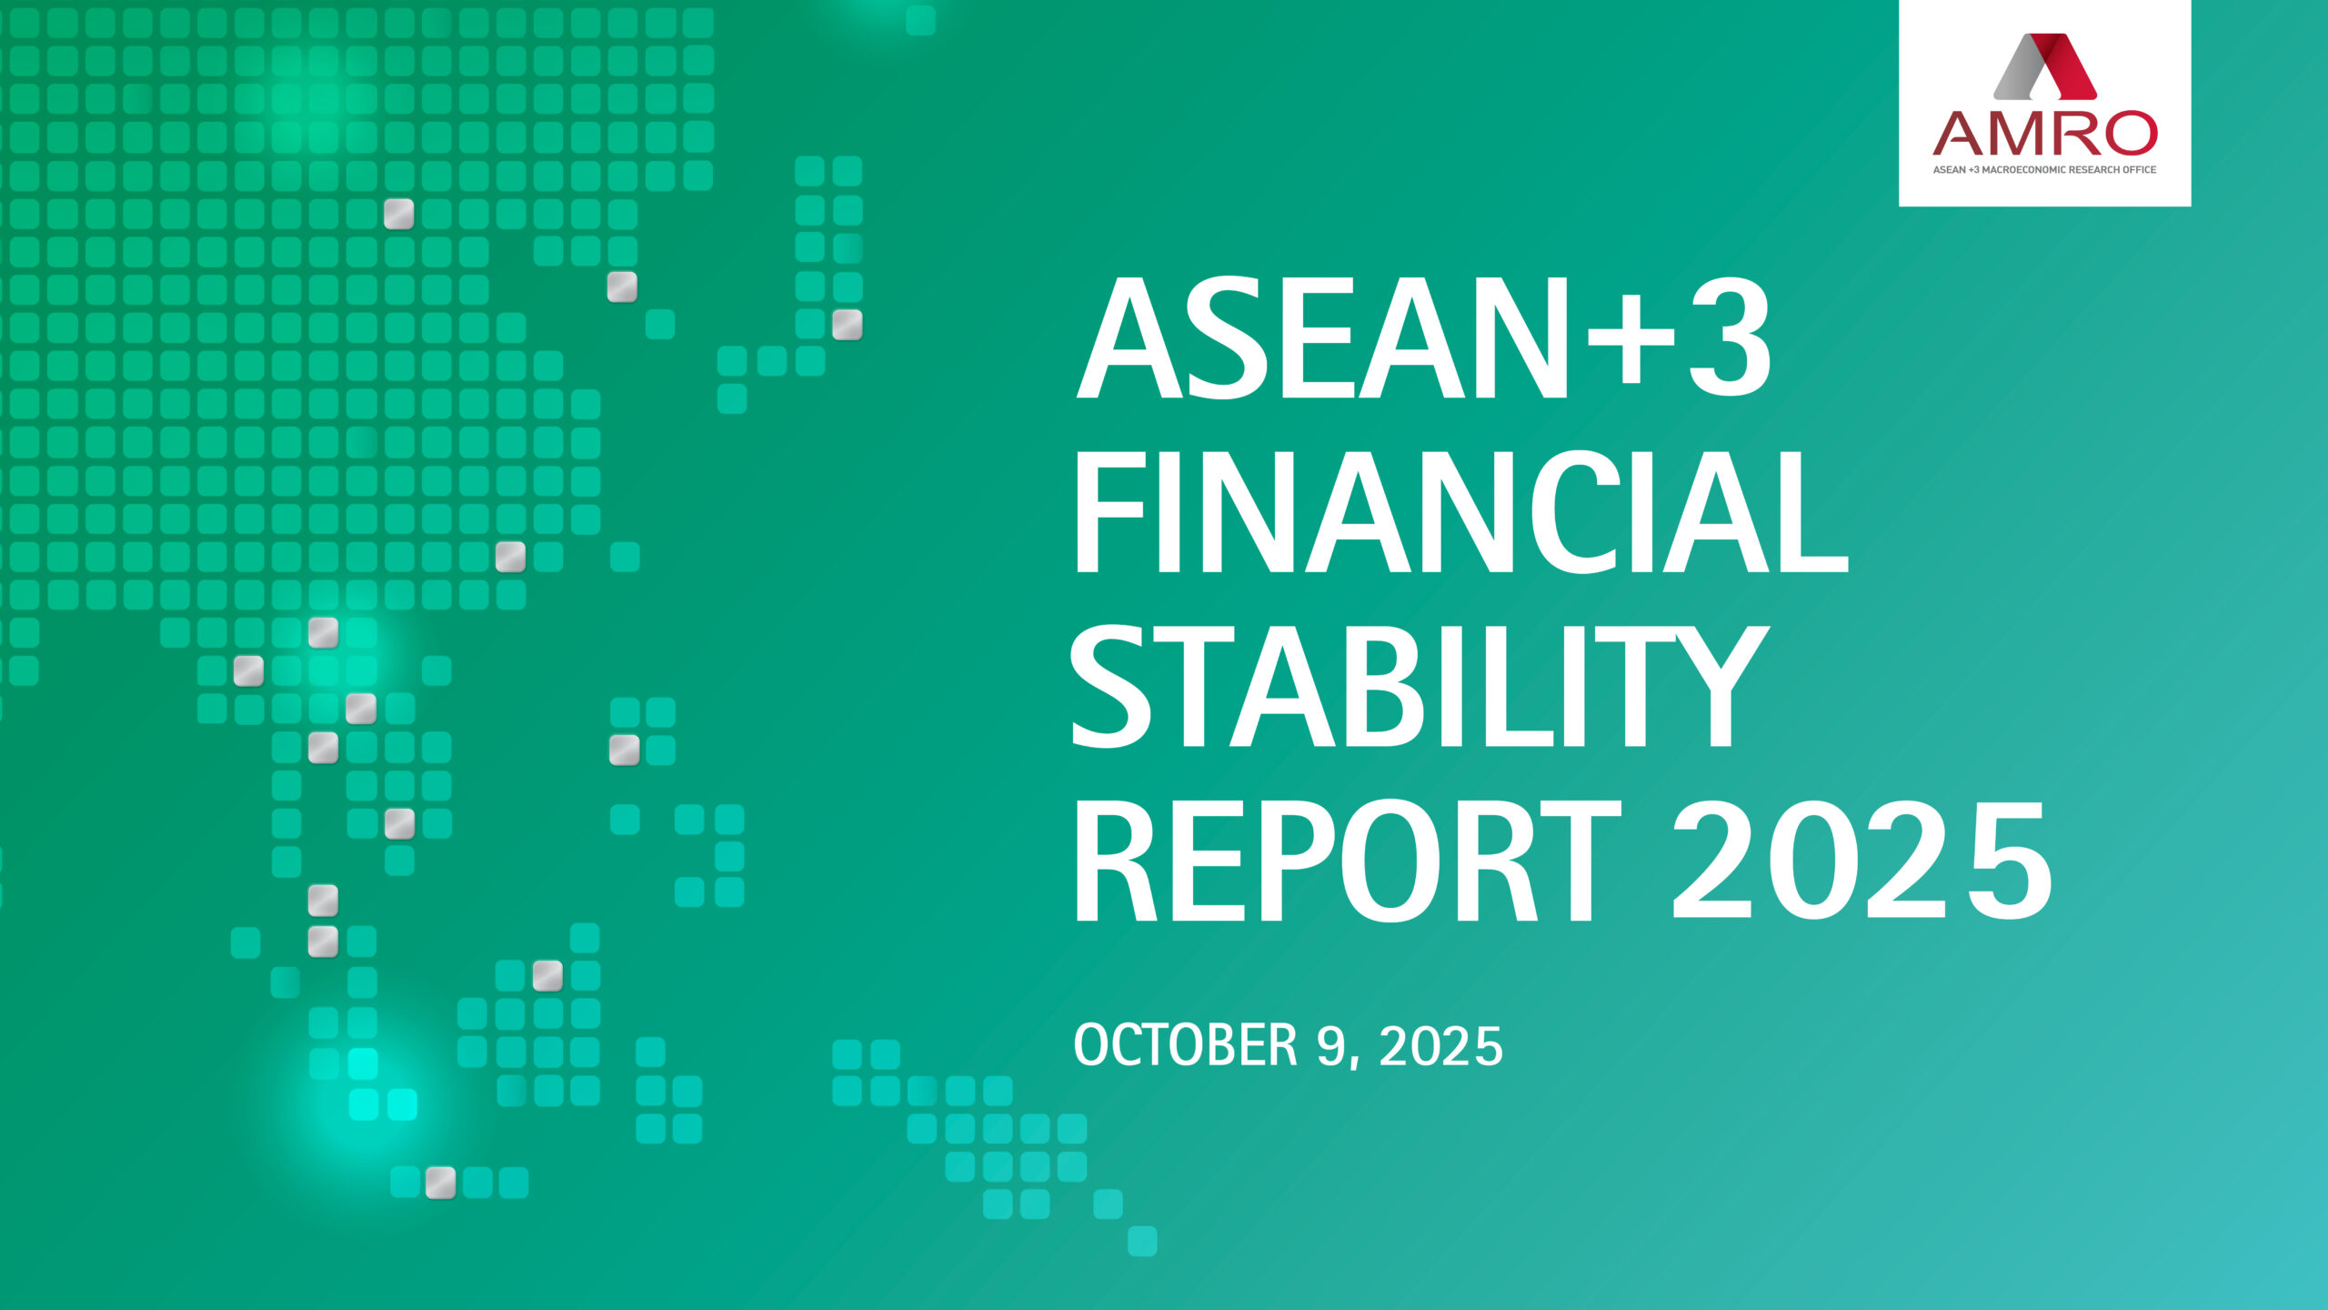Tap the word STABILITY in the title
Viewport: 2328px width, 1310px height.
[x=1419, y=687]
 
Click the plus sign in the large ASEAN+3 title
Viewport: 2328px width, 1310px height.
[x=1631, y=342]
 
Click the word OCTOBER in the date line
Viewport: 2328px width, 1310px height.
[x=1185, y=1045]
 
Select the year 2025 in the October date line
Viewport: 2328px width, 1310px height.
[x=1440, y=1046]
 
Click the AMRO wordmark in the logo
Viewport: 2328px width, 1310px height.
[x=2044, y=135]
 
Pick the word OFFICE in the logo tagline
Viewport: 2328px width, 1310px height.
[x=2139, y=170]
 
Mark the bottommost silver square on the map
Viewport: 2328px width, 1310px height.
[x=441, y=1183]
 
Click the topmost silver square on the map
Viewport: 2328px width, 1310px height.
[x=398, y=214]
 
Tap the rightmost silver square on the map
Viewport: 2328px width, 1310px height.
[x=847, y=325]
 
